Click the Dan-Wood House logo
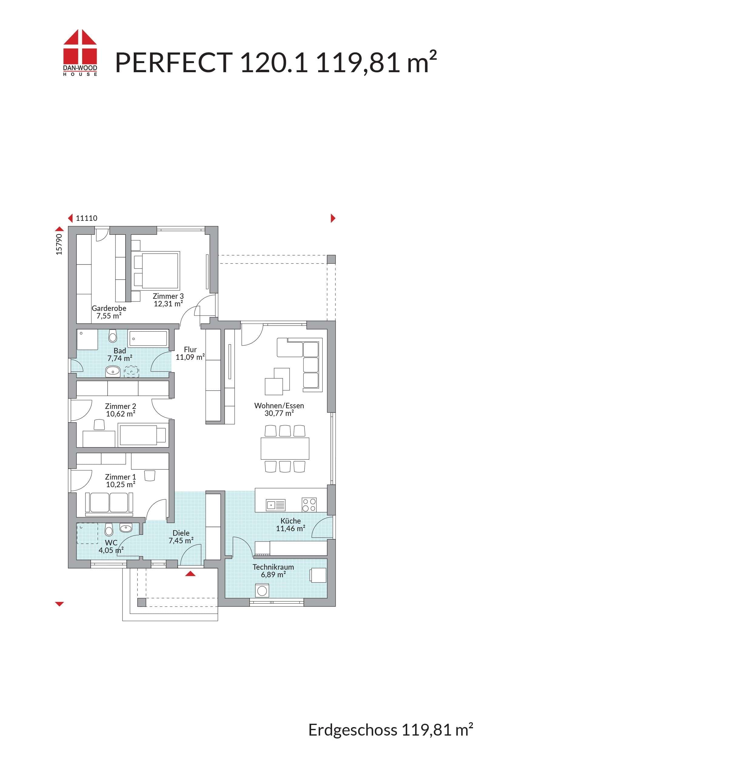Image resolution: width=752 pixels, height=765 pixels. (x=80, y=52)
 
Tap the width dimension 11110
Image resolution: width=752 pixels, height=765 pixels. (x=86, y=218)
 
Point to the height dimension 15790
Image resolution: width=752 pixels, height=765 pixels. (x=59, y=244)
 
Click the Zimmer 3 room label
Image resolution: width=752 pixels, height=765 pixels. (x=168, y=296)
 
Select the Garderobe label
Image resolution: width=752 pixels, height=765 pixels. (x=109, y=308)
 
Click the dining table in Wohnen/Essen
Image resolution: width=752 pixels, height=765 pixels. (x=285, y=448)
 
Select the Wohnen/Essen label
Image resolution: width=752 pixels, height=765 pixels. (x=279, y=406)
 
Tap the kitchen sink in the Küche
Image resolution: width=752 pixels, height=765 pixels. (x=276, y=505)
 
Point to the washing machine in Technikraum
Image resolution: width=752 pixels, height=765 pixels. (x=262, y=591)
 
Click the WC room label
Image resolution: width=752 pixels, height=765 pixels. (x=111, y=543)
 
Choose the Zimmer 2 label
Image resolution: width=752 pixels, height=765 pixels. (x=120, y=406)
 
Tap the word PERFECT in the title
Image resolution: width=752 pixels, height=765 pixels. (x=174, y=62)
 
